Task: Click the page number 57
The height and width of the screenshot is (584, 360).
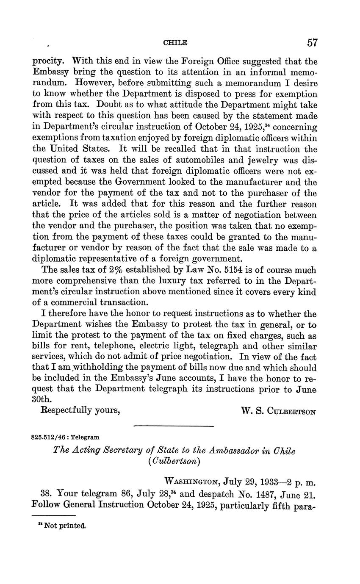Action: coord(313,42)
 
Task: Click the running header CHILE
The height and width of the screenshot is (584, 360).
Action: coord(175,43)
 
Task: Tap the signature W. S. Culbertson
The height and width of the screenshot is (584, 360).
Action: coord(278,411)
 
